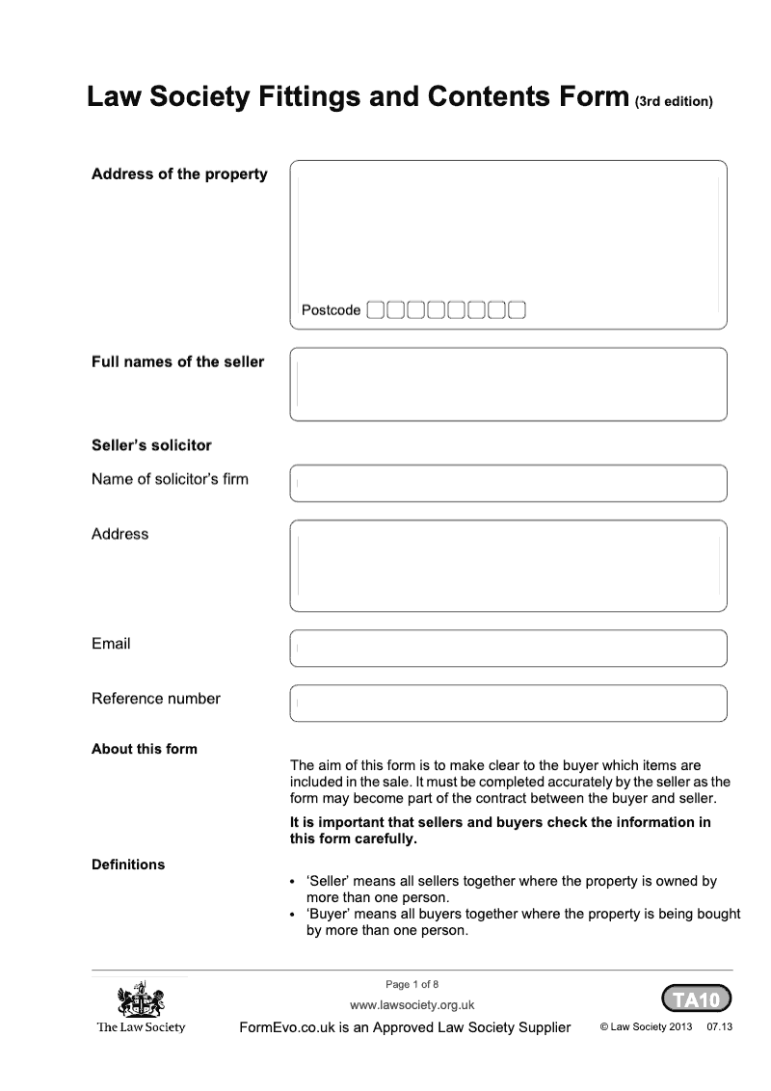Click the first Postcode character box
376,310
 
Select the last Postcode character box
517,310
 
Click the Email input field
508,649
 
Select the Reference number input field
508,704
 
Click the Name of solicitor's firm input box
508,483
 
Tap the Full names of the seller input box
508,385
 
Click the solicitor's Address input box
508,566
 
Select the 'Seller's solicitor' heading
151,445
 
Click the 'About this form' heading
145,749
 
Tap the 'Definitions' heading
128,865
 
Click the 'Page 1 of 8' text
412,984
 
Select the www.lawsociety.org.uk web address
412,1005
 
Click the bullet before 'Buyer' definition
293,914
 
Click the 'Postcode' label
331,310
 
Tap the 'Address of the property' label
179,174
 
